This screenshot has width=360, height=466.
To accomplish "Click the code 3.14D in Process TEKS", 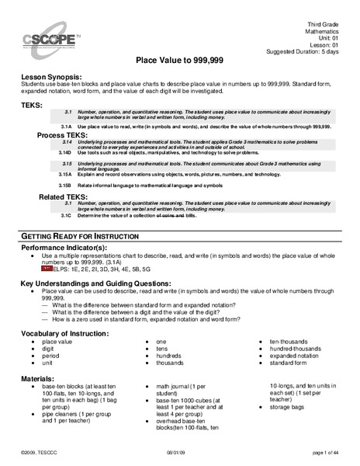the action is (66, 154).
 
